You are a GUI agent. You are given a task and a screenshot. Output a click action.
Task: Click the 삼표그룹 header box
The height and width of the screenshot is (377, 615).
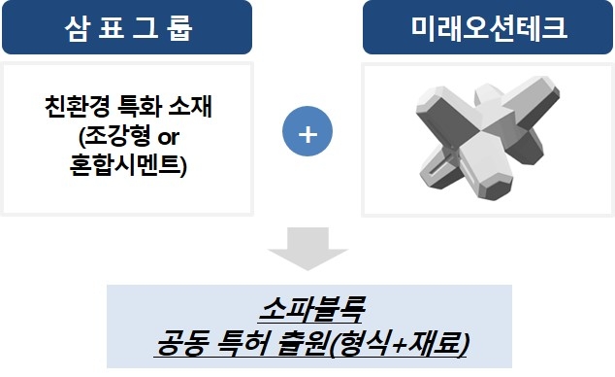tap(127, 27)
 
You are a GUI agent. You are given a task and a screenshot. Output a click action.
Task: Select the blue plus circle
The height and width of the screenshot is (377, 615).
tap(307, 133)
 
